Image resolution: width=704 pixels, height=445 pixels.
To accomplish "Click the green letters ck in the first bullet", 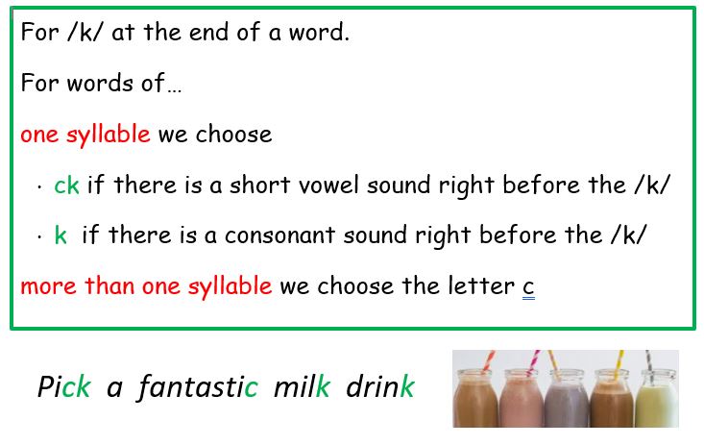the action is (x=66, y=185).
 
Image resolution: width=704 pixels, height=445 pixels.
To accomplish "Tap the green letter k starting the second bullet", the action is (x=61, y=235).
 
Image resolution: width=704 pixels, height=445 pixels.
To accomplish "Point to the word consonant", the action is (x=279, y=235).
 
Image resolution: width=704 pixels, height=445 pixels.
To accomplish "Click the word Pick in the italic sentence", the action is (x=64, y=386).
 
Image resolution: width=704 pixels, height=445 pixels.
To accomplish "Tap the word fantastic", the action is (x=198, y=386).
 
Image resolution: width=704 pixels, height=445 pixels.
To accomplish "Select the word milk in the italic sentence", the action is (x=303, y=386).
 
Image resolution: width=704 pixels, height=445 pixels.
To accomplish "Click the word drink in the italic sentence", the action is (x=379, y=386).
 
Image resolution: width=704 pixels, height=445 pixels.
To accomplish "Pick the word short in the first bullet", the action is (x=260, y=185).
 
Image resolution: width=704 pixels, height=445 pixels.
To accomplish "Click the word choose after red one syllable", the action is (x=233, y=135).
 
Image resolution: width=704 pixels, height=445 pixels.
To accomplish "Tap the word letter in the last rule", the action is (x=481, y=285).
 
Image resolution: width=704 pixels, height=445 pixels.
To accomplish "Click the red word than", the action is (x=109, y=285).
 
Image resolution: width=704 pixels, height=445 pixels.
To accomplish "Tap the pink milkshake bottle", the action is (x=521, y=398).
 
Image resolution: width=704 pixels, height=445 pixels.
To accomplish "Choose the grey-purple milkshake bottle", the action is (x=566, y=398).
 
